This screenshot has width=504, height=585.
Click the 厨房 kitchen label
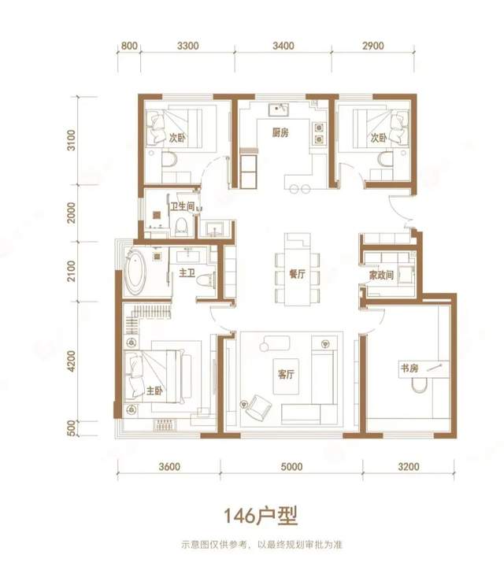click(280, 132)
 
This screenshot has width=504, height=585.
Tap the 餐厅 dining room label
click(298, 274)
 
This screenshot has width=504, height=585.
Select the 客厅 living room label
click(286, 374)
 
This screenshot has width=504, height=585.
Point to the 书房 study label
click(409, 368)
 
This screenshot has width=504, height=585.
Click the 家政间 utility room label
click(381, 276)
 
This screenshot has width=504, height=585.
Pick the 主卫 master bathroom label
click(187, 272)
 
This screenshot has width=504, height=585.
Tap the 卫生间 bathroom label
click(183, 206)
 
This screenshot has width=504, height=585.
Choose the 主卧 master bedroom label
click(154, 391)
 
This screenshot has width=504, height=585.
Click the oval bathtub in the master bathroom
click(135, 272)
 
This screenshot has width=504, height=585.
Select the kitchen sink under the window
click(278, 109)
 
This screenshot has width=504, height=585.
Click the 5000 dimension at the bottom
click(291, 467)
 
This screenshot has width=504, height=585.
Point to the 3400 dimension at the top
click(283, 46)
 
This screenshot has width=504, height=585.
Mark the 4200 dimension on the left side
click(71, 361)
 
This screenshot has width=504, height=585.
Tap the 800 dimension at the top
click(129, 46)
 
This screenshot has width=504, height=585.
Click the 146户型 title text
click(261, 516)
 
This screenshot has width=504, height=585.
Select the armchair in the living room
click(258, 407)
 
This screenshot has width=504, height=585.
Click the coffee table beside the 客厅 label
click(286, 376)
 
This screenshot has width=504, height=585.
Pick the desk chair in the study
click(419, 386)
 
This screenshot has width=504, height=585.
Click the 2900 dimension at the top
click(373, 46)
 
